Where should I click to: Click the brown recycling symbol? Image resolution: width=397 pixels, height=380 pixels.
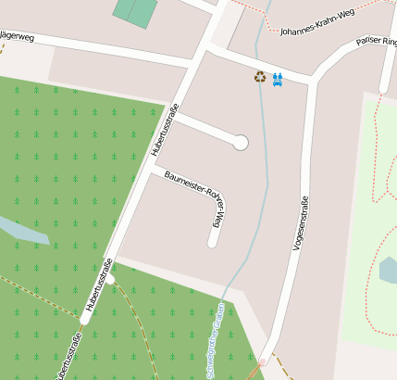point(260,77)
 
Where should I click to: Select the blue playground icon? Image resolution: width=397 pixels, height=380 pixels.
point(277,78)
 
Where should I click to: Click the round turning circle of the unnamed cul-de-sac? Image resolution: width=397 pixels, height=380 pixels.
point(241,142)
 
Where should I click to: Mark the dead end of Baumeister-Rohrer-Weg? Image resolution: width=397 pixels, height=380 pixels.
point(213,243)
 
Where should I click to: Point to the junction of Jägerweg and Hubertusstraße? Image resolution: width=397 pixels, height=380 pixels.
point(196,61)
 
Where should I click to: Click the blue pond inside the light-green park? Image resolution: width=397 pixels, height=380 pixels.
point(388,270)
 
